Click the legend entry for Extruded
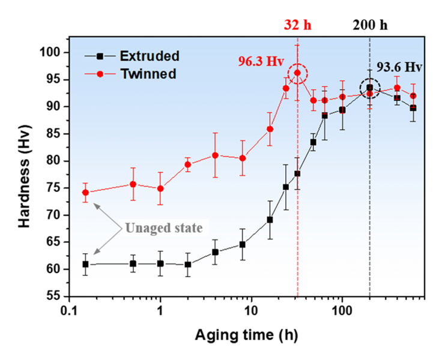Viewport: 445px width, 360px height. pos(150,56)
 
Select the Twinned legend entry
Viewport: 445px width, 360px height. pos(148,74)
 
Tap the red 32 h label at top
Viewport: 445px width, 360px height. pos(297,26)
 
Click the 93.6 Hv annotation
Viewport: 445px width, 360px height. pos(399,68)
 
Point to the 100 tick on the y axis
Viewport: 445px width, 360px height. pos(53,52)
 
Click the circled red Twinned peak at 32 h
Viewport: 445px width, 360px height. pos(297,74)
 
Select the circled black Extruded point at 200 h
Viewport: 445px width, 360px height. pos(370,88)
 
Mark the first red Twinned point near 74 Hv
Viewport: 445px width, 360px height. pos(85,193)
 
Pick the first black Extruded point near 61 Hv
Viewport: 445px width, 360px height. pos(85,264)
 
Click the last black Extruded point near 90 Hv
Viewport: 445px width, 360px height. pos(413,108)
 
